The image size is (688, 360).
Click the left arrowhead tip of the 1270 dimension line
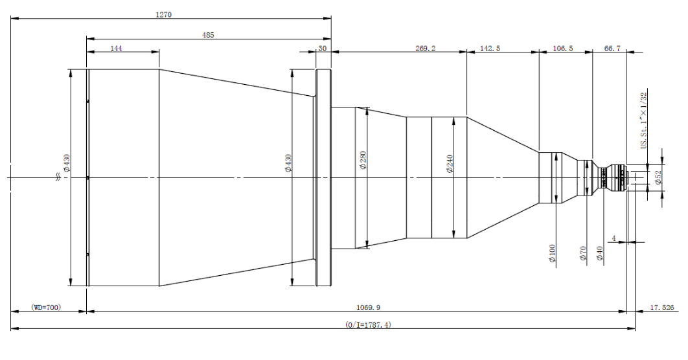click(11, 18)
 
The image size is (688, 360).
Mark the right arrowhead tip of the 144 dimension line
click(159, 52)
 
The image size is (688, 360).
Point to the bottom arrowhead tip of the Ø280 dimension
click(366, 248)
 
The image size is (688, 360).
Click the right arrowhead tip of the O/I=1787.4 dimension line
click(634, 328)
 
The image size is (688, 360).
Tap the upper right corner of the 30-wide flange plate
click(331, 69)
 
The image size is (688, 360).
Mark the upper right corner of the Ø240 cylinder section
click(466, 117)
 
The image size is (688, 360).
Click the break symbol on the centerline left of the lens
click(58, 177)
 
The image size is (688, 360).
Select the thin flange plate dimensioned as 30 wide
click(324, 177)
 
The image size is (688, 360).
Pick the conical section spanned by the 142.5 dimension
click(503, 177)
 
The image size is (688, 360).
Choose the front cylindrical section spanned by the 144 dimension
click(123, 177)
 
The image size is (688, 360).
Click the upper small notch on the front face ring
click(88, 101)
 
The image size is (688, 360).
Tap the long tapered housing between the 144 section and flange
click(237, 177)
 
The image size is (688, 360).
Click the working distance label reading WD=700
click(46, 308)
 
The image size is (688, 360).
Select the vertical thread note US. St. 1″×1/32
click(644, 120)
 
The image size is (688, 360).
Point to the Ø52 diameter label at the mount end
click(658, 177)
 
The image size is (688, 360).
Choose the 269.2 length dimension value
click(426, 48)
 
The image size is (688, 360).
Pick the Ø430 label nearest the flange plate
click(288, 163)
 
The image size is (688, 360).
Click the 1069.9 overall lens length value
click(368, 308)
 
